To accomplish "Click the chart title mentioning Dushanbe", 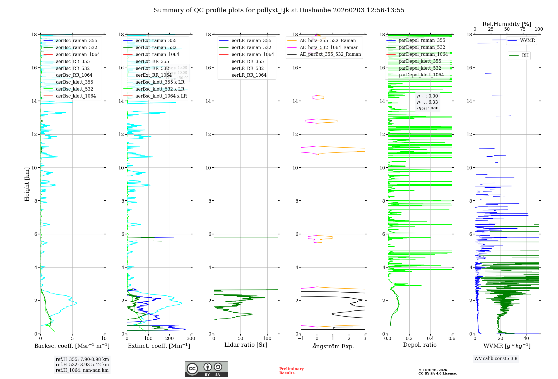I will (279, 10).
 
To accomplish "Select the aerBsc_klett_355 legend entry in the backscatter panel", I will (74, 82).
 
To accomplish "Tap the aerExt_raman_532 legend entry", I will (156, 48).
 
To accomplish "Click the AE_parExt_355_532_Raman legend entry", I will (330, 54).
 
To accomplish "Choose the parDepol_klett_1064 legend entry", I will (421, 75).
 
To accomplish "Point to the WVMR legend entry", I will (527, 40).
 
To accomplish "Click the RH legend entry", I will (525, 55).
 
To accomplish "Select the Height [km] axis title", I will (27, 184).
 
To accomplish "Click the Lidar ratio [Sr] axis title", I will (246, 345).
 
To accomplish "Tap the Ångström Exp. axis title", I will (333, 346).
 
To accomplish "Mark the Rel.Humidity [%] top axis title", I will (507, 24).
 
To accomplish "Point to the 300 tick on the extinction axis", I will (191, 339).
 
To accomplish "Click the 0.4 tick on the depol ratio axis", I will (430, 339).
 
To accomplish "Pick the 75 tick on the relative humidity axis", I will (523, 29).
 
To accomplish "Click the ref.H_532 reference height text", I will (82, 365).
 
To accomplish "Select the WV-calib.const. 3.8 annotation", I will (496, 359).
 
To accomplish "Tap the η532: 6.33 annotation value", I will (427, 102).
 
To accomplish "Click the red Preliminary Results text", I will (291, 371).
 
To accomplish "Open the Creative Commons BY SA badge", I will (206, 369).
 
